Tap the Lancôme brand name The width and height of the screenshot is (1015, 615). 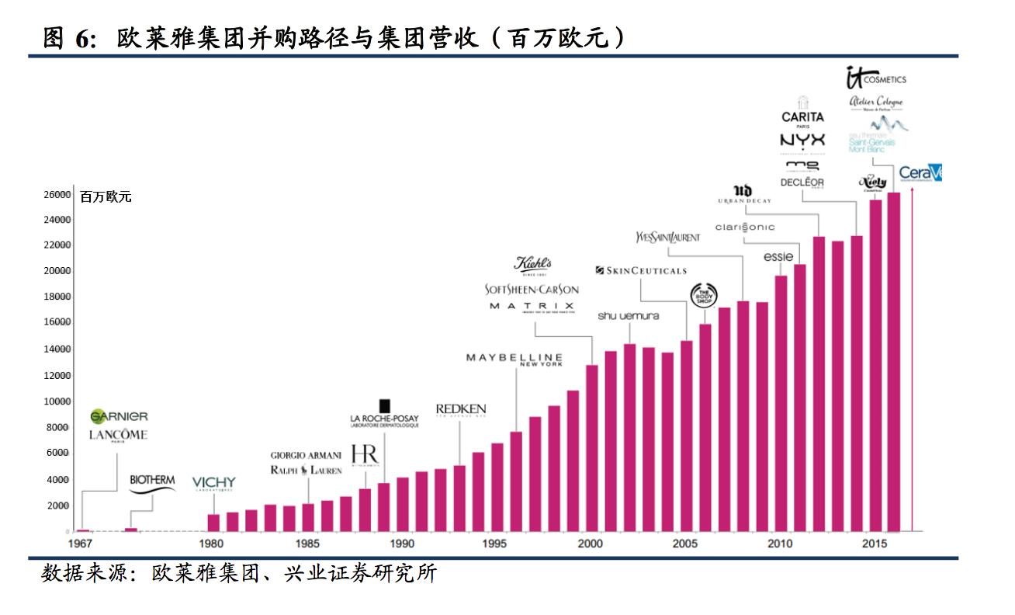coord(118,435)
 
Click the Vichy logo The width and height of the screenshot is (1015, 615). coord(213,483)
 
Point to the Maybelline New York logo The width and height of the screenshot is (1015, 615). coord(514,359)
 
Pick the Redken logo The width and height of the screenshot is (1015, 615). coord(460,409)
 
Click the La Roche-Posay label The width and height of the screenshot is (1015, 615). coord(384,419)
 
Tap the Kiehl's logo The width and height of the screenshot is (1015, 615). coord(532,264)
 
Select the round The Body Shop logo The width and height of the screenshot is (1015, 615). coord(705,296)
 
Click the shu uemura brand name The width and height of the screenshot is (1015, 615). coord(628,316)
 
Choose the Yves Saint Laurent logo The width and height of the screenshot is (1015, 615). coord(667,237)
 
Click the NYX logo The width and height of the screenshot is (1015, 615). coord(802,141)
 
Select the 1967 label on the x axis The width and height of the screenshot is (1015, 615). coord(81,544)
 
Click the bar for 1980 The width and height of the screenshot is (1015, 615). coord(213,523)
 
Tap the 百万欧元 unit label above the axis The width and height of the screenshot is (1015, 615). coord(106,197)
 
